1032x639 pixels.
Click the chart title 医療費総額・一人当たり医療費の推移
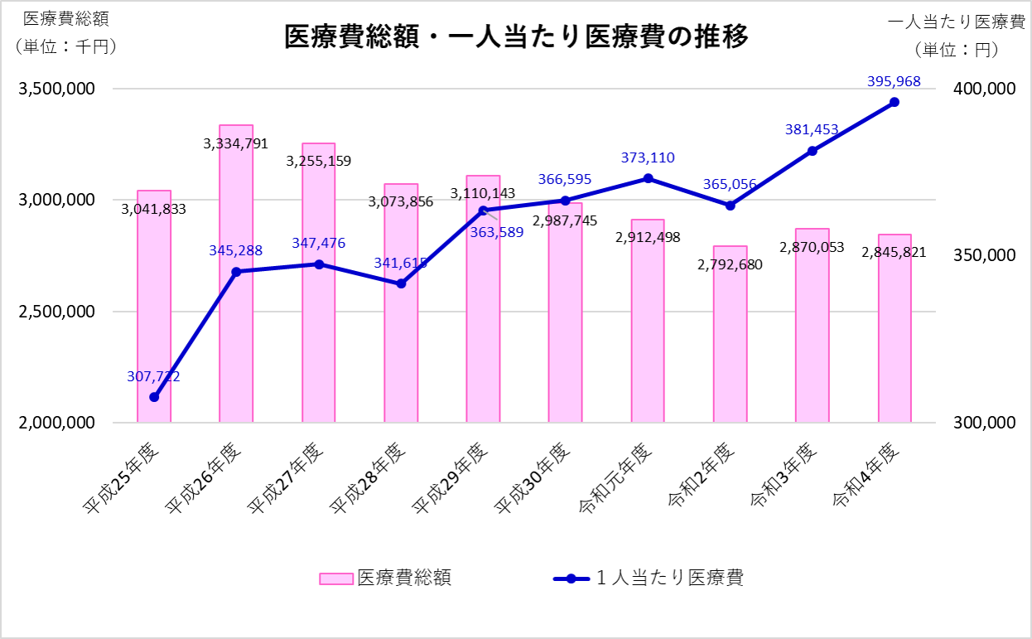coord(516,37)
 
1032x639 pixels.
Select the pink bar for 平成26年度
coord(236,290)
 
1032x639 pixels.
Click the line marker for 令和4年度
coord(895,102)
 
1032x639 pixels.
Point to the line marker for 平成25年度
coord(154,397)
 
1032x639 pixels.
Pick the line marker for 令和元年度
coord(648,178)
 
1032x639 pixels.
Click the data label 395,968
coord(894,81)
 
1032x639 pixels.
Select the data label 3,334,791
coord(236,143)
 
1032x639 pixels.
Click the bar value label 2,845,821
coord(894,252)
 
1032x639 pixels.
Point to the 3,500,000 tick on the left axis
coord(56,89)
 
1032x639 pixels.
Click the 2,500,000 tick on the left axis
coord(56,312)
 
